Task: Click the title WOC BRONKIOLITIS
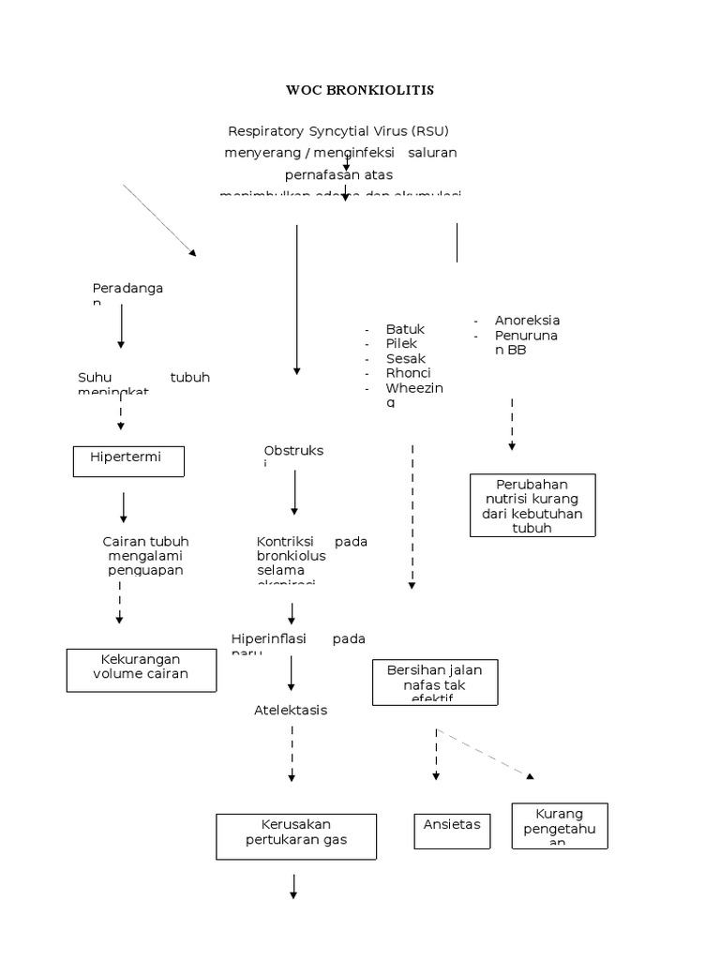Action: pyautogui.click(x=360, y=91)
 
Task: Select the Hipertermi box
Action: pyautogui.click(x=129, y=461)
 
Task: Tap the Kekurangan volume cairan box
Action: pyautogui.click(x=141, y=668)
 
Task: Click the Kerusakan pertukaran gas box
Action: pyautogui.click(x=296, y=835)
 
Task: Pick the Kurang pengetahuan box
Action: pyautogui.click(x=559, y=826)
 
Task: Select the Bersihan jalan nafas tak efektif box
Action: pyautogui.click(x=434, y=682)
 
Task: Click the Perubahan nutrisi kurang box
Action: pyautogui.click(x=532, y=505)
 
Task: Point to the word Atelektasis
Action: pyautogui.click(x=291, y=710)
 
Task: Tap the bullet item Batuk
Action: pyautogui.click(x=405, y=329)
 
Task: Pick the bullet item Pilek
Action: pyautogui.click(x=401, y=344)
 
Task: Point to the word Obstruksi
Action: pyautogui.click(x=293, y=451)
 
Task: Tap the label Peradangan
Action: pyautogui.click(x=127, y=289)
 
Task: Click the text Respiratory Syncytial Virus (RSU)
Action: pyautogui.click(x=345, y=131)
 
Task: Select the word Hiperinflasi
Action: pyautogui.click(x=269, y=638)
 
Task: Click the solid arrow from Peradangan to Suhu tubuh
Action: pyautogui.click(x=121, y=330)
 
